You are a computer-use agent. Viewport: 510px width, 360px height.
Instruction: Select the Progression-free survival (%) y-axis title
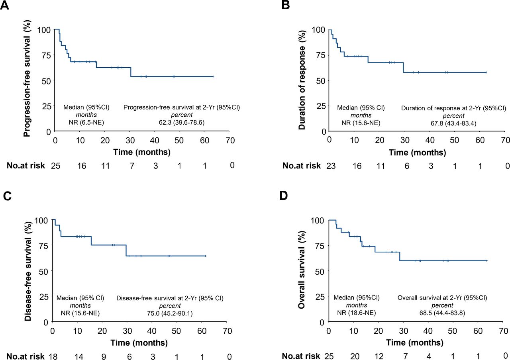click(x=27, y=80)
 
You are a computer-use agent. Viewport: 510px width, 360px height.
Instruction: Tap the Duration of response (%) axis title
click(x=302, y=80)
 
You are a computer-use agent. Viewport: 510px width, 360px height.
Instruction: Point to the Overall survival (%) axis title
click(x=302, y=271)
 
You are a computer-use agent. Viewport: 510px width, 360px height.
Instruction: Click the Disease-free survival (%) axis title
click(x=27, y=271)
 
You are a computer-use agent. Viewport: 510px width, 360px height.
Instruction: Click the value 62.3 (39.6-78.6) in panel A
click(x=181, y=123)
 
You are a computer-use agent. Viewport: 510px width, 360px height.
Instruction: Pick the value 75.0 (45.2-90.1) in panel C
click(x=169, y=313)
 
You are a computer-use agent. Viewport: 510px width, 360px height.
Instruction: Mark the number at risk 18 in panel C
click(x=52, y=356)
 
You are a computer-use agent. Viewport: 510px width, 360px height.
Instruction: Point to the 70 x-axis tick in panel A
click(x=230, y=140)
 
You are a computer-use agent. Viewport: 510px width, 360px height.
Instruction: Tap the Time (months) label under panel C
click(x=139, y=343)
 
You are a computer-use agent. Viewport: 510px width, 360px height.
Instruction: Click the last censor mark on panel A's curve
click(x=213, y=76)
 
